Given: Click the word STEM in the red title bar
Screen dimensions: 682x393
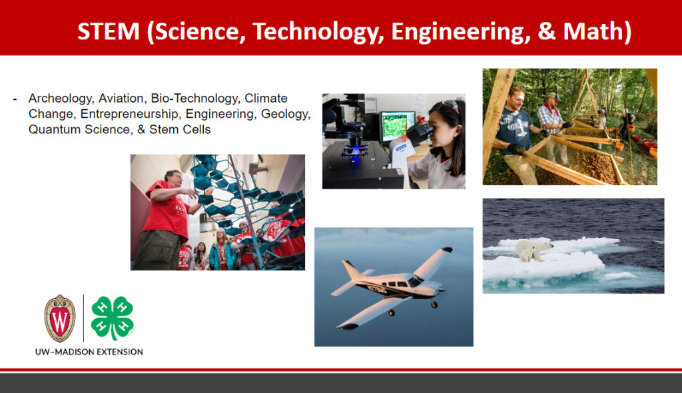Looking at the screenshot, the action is coord(109,31).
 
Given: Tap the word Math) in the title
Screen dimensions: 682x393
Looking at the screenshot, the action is coord(597,32).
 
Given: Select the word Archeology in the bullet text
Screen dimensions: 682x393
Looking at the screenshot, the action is coord(61,99).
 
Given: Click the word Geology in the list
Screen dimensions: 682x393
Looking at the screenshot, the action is coord(285,115).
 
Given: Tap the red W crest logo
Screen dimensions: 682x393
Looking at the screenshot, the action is coord(59,318).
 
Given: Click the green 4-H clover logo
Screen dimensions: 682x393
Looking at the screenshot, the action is coord(113,318).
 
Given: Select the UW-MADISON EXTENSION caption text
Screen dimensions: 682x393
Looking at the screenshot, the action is coord(89,352).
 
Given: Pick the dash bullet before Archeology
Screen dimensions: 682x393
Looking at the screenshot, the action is coord(15,100).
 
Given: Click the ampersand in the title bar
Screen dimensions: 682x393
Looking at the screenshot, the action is coord(546,31).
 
